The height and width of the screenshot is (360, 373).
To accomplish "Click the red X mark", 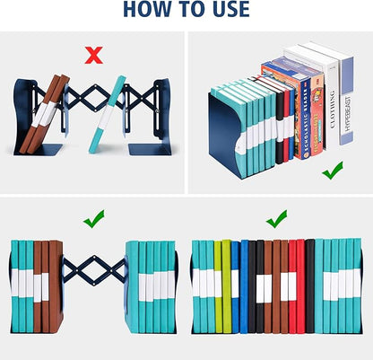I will pyautogui.click(x=92, y=56).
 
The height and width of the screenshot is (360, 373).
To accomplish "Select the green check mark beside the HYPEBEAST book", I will pyautogui.click(x=333, y=170).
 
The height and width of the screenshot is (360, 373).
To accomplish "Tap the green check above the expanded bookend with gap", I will pyautogui.click(x=92, y=217).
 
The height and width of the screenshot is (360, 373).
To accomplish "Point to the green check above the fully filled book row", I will pyautogui.click(x=276, y=217).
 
